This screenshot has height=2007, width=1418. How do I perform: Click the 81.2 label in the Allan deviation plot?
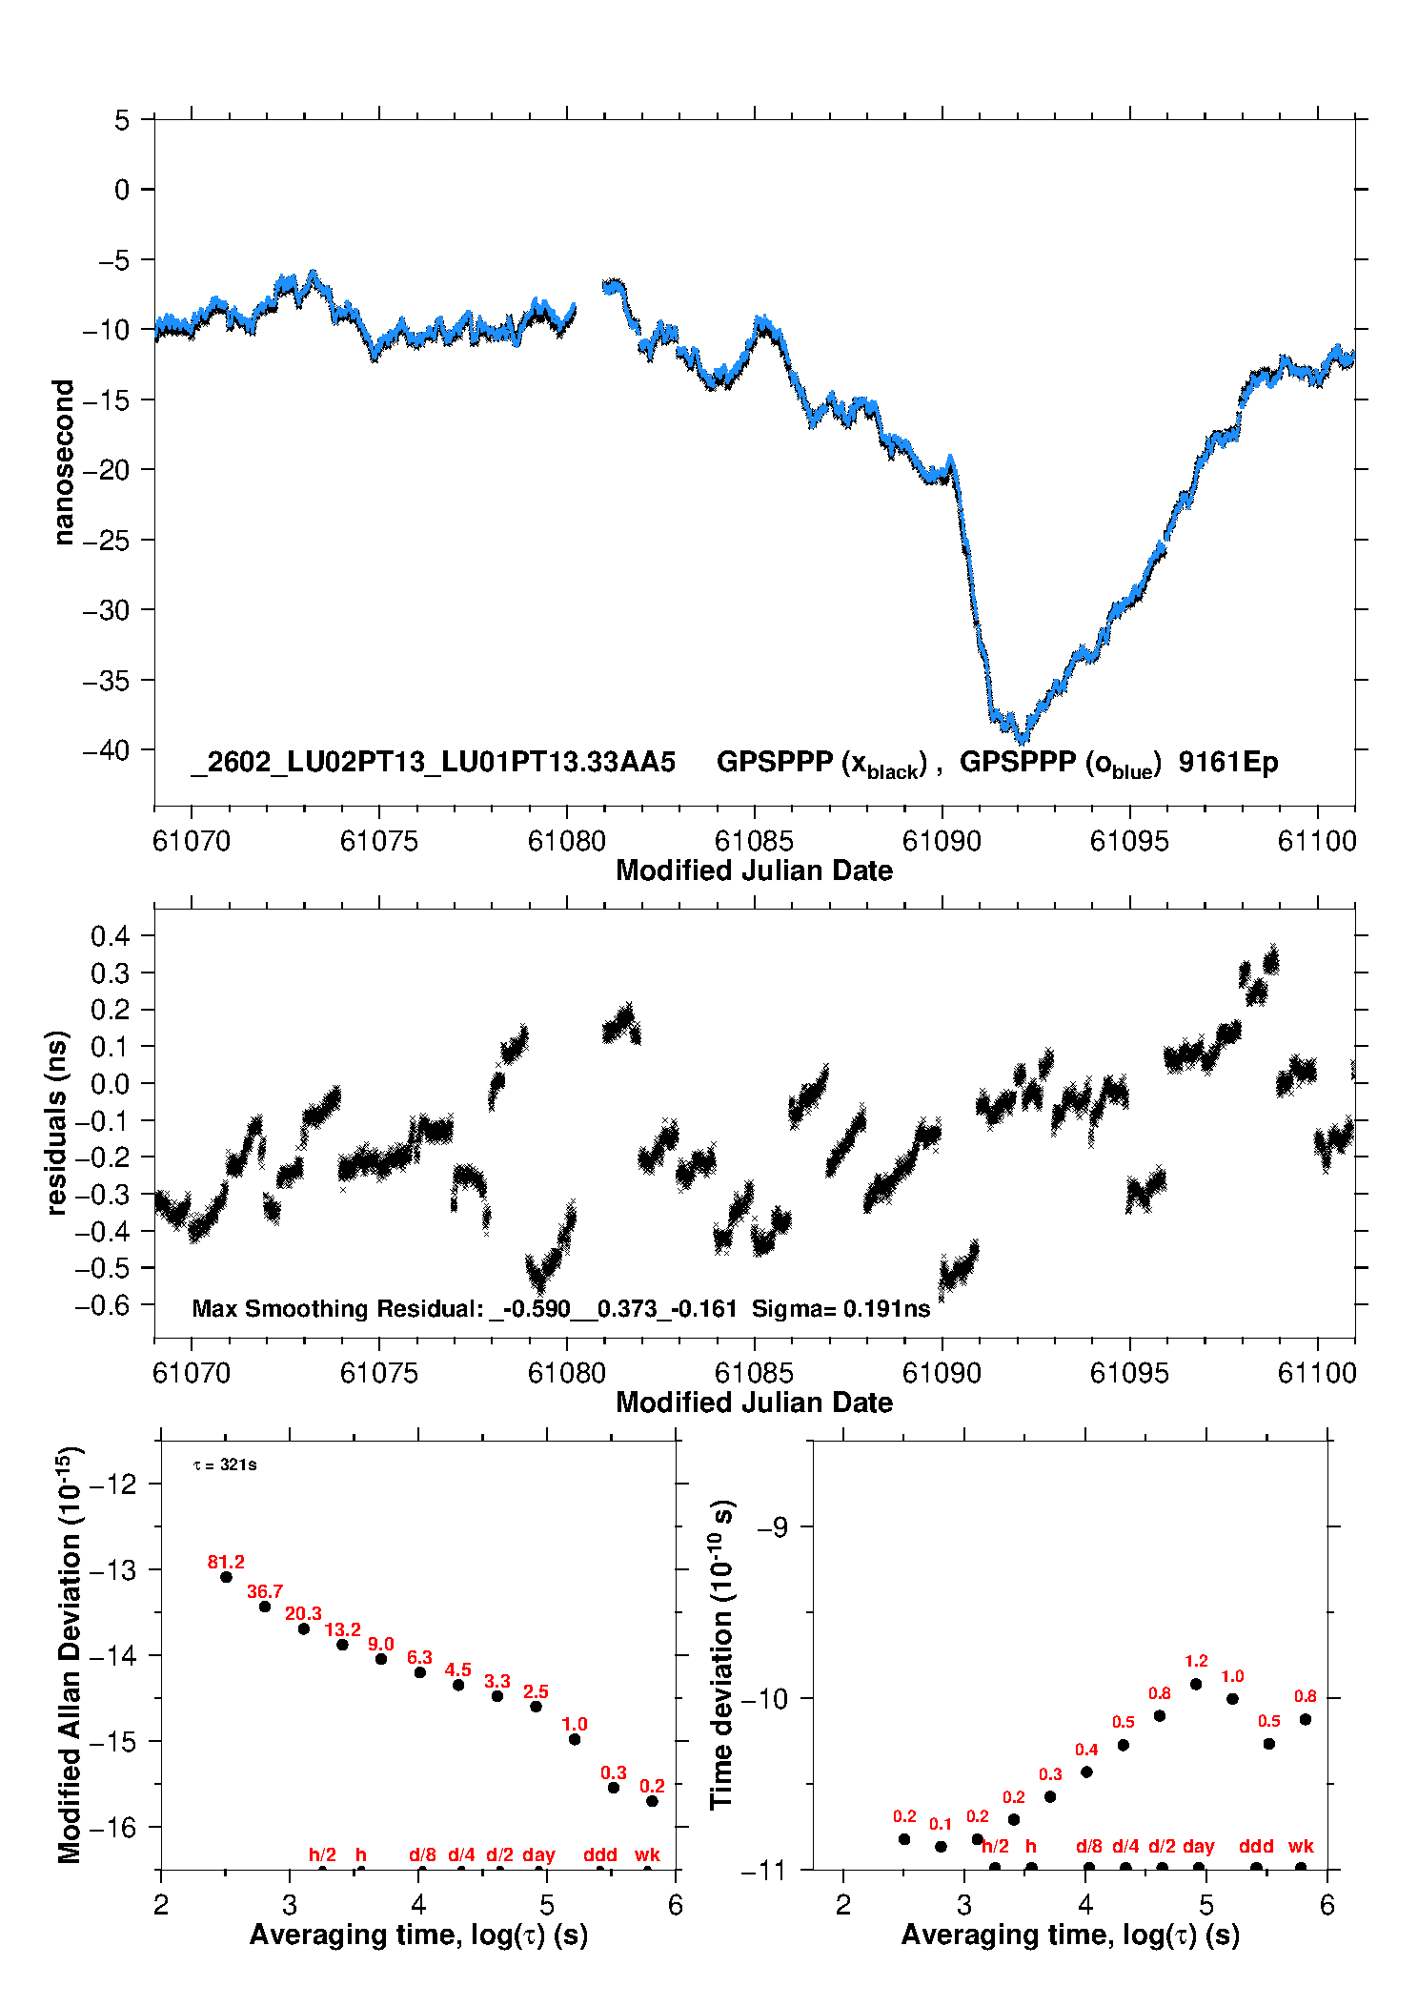pos(226,1562)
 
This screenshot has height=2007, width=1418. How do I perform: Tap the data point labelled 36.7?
pos(265,1607)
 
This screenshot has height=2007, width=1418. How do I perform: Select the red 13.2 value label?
pos(342,1629)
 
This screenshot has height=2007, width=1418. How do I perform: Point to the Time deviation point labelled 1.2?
pos(1196,1684)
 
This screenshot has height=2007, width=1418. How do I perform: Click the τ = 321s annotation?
pos(225,1464)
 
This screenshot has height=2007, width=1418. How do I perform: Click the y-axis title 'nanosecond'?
pos(64,462)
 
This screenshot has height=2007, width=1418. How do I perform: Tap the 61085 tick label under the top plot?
pos(754,841)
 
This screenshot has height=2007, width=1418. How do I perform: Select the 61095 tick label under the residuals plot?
pos(1129,1373)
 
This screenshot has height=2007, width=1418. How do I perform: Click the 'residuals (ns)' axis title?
pos(57,1122)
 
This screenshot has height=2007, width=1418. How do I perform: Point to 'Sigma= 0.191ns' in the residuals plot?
pos(841,1308)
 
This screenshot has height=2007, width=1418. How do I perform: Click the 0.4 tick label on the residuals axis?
pos(110,935)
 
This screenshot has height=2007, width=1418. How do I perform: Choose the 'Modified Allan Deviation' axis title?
pos(70,1655)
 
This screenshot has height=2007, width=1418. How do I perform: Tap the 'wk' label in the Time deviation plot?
pos(1301,1846)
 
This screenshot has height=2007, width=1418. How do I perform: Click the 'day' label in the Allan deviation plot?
pos(538,1854)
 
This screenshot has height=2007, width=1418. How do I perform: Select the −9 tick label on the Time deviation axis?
pos(772,1527)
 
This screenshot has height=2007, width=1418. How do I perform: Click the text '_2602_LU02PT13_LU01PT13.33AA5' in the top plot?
pos(434,762)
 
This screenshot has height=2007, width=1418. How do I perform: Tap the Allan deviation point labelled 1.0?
pos(575,1739)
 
